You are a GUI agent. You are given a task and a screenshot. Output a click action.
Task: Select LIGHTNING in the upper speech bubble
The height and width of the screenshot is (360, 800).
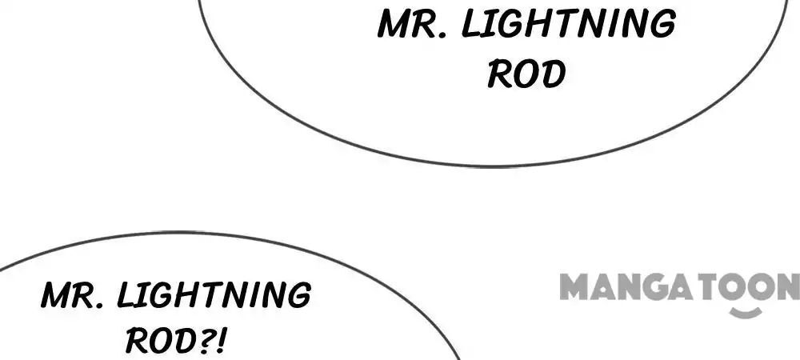pos(569,23)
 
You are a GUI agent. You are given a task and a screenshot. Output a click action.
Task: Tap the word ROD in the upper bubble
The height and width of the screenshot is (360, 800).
pos(526,74)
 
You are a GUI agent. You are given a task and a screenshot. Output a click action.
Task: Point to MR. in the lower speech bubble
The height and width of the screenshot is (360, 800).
pos(74,294)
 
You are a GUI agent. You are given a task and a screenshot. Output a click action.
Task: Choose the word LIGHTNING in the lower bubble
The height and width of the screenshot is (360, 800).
pos(214,294)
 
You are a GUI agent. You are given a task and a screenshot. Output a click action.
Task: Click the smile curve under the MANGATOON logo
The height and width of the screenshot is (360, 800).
pos(746,312)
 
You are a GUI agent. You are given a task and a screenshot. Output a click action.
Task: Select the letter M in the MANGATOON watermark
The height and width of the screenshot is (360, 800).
pos(574,286)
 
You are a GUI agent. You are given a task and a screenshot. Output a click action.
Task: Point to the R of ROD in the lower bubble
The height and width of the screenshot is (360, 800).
pos(138,341)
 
